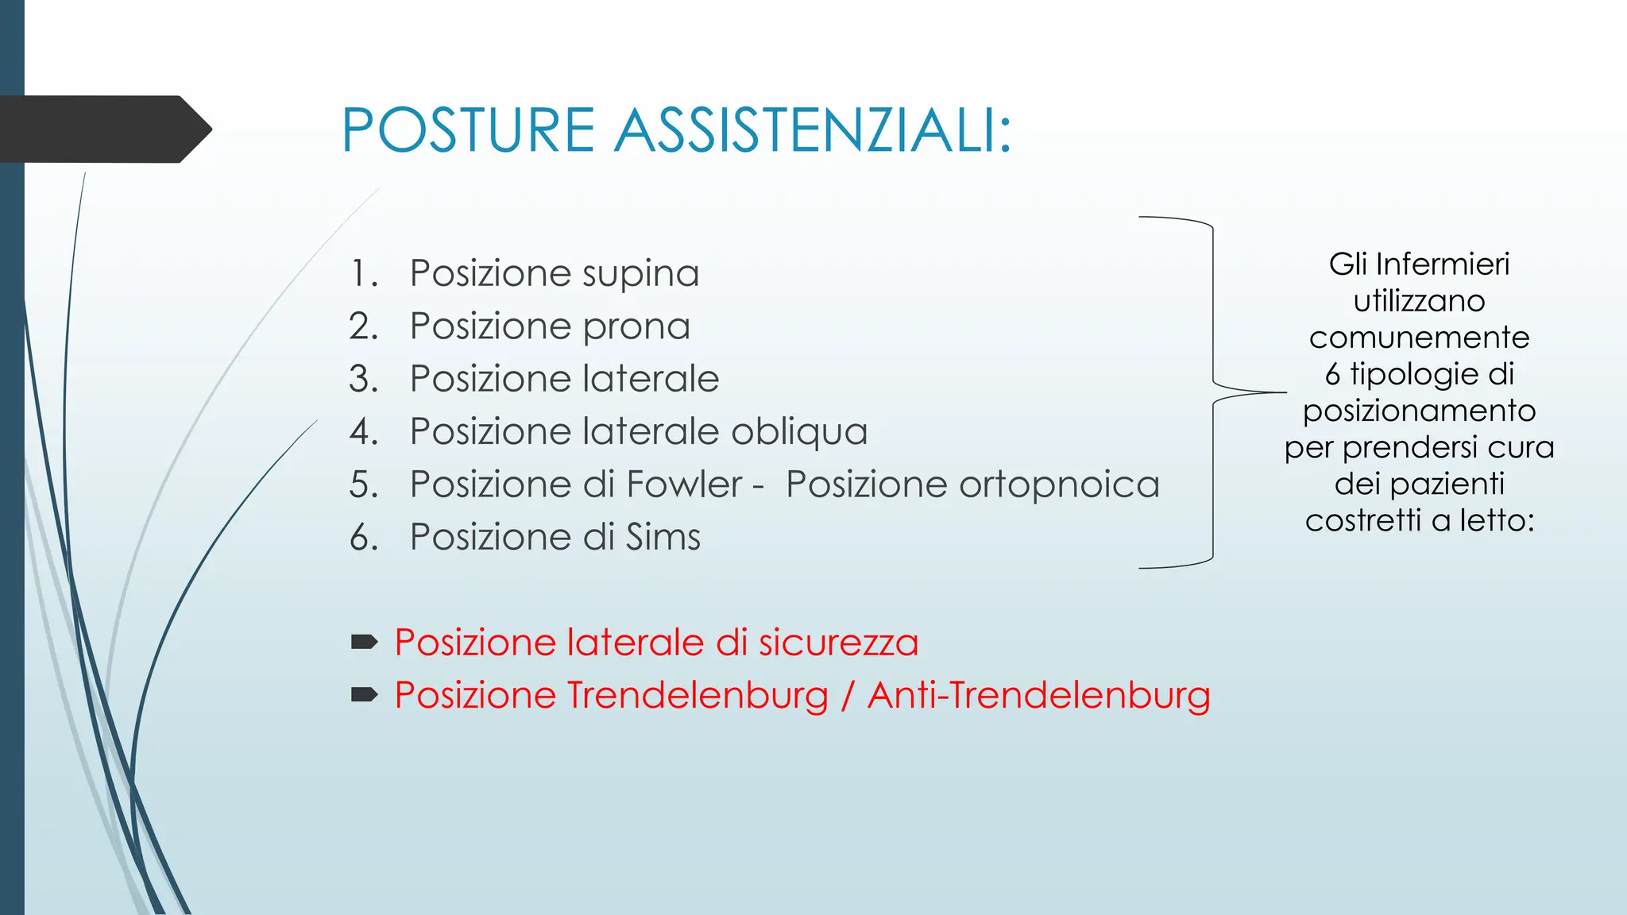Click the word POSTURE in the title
(x=468, y=130)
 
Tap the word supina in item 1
(x=640, y=274)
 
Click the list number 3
(x=362, y=379)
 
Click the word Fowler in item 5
(x=685, y=485)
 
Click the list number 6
(x=362, y=538)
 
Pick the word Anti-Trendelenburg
(x=1038, y=696)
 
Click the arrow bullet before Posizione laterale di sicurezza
(x=364, y=642)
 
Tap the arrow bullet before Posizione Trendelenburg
(x=364, y=695)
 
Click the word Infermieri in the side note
(x=1442, y=264)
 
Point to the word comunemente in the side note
(x=1419, y=338)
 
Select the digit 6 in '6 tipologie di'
(x=1332, y=374)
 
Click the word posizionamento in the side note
(x=1419, y=411)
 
